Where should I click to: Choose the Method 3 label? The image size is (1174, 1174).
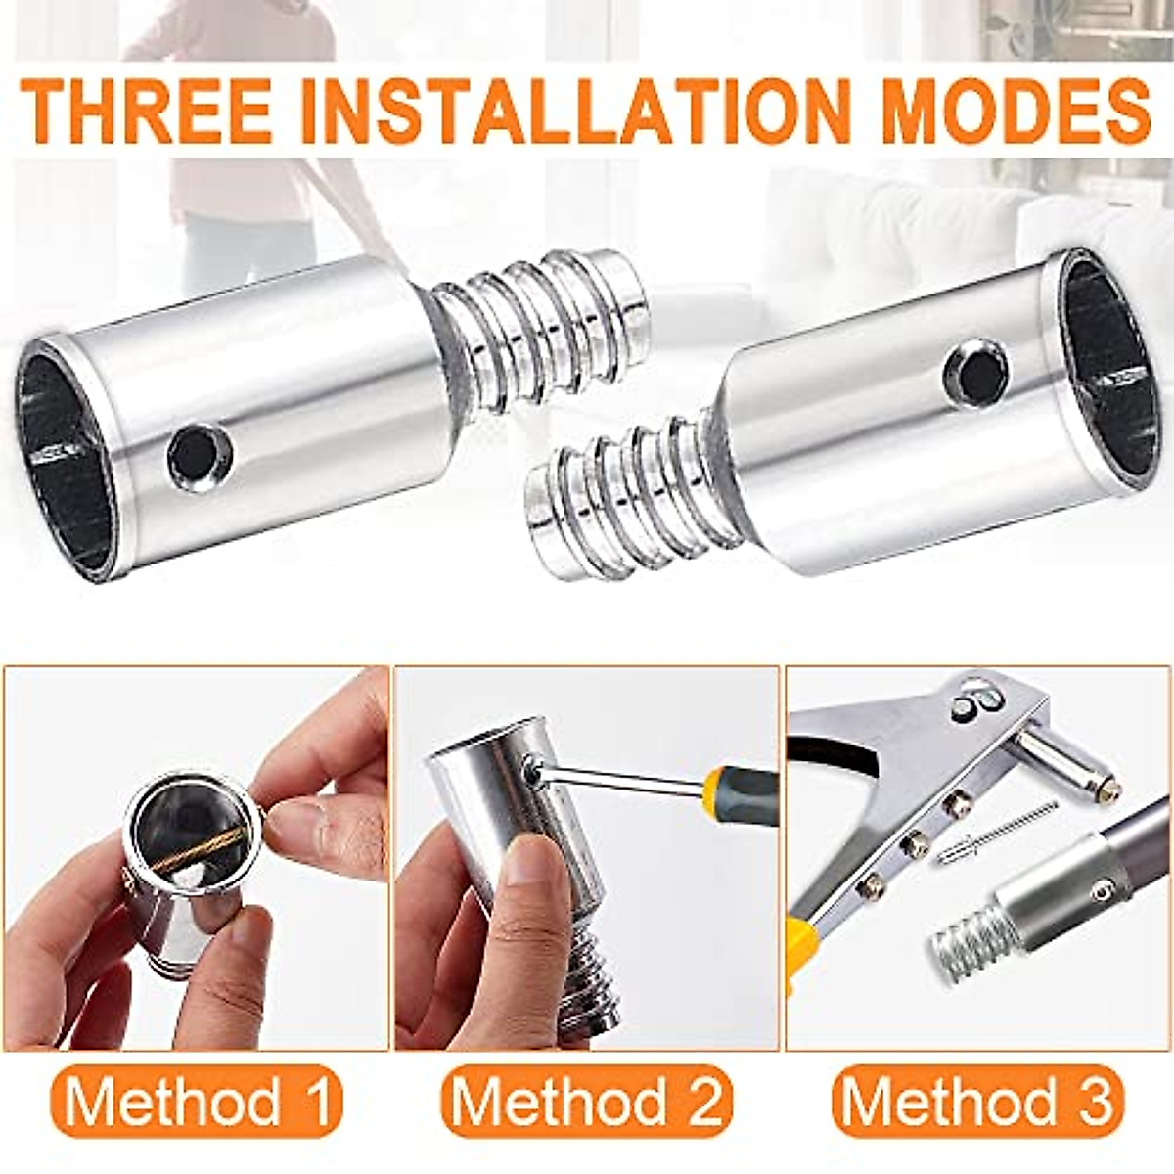coord(977,1101)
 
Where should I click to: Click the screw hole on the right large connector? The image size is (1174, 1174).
coord(974,370)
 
